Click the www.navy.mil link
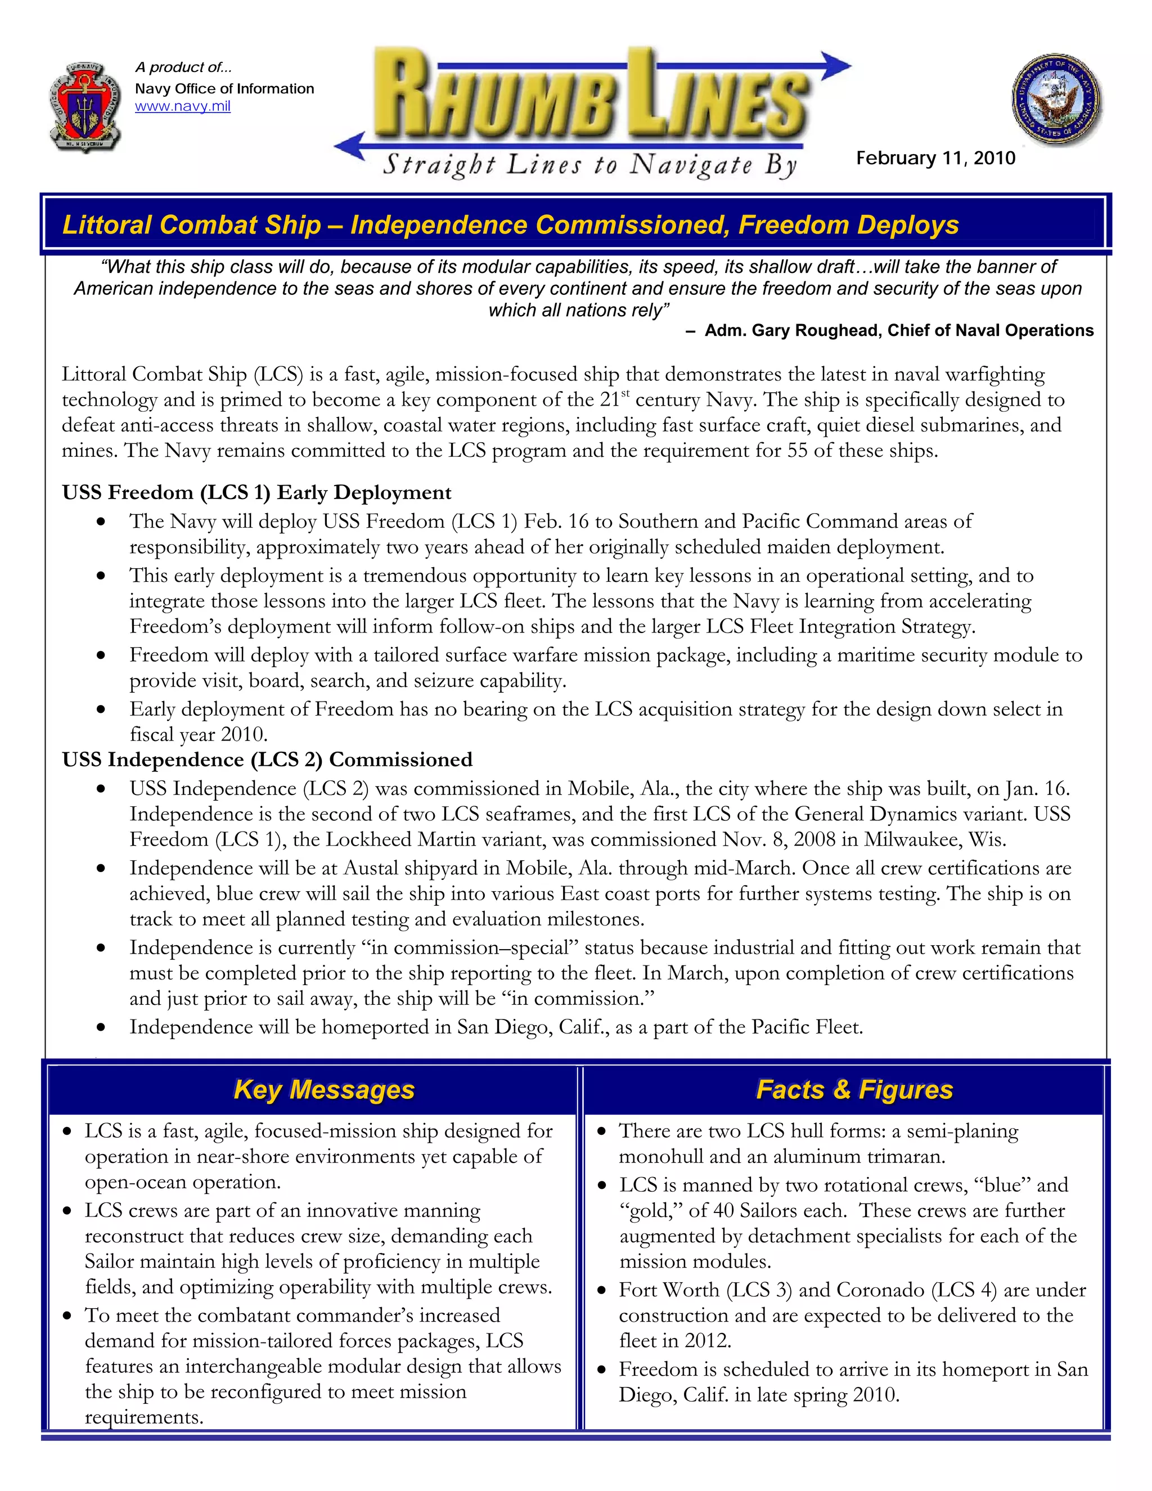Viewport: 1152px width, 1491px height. tap(182, 106)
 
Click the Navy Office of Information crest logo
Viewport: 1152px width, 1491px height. tap(86, 106)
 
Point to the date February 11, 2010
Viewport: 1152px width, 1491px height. tap(935, 159)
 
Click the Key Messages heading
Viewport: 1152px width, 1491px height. tap(323, 1090)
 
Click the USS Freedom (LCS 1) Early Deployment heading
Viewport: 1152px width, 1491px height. tap(256, 493)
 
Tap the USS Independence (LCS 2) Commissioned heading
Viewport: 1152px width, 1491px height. tap(267, 760)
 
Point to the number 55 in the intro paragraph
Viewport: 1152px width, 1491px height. tap(797, 451)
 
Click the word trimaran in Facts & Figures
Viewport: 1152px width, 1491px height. tap(905, 1156)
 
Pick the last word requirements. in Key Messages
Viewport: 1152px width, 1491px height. tap(144, 1417)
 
